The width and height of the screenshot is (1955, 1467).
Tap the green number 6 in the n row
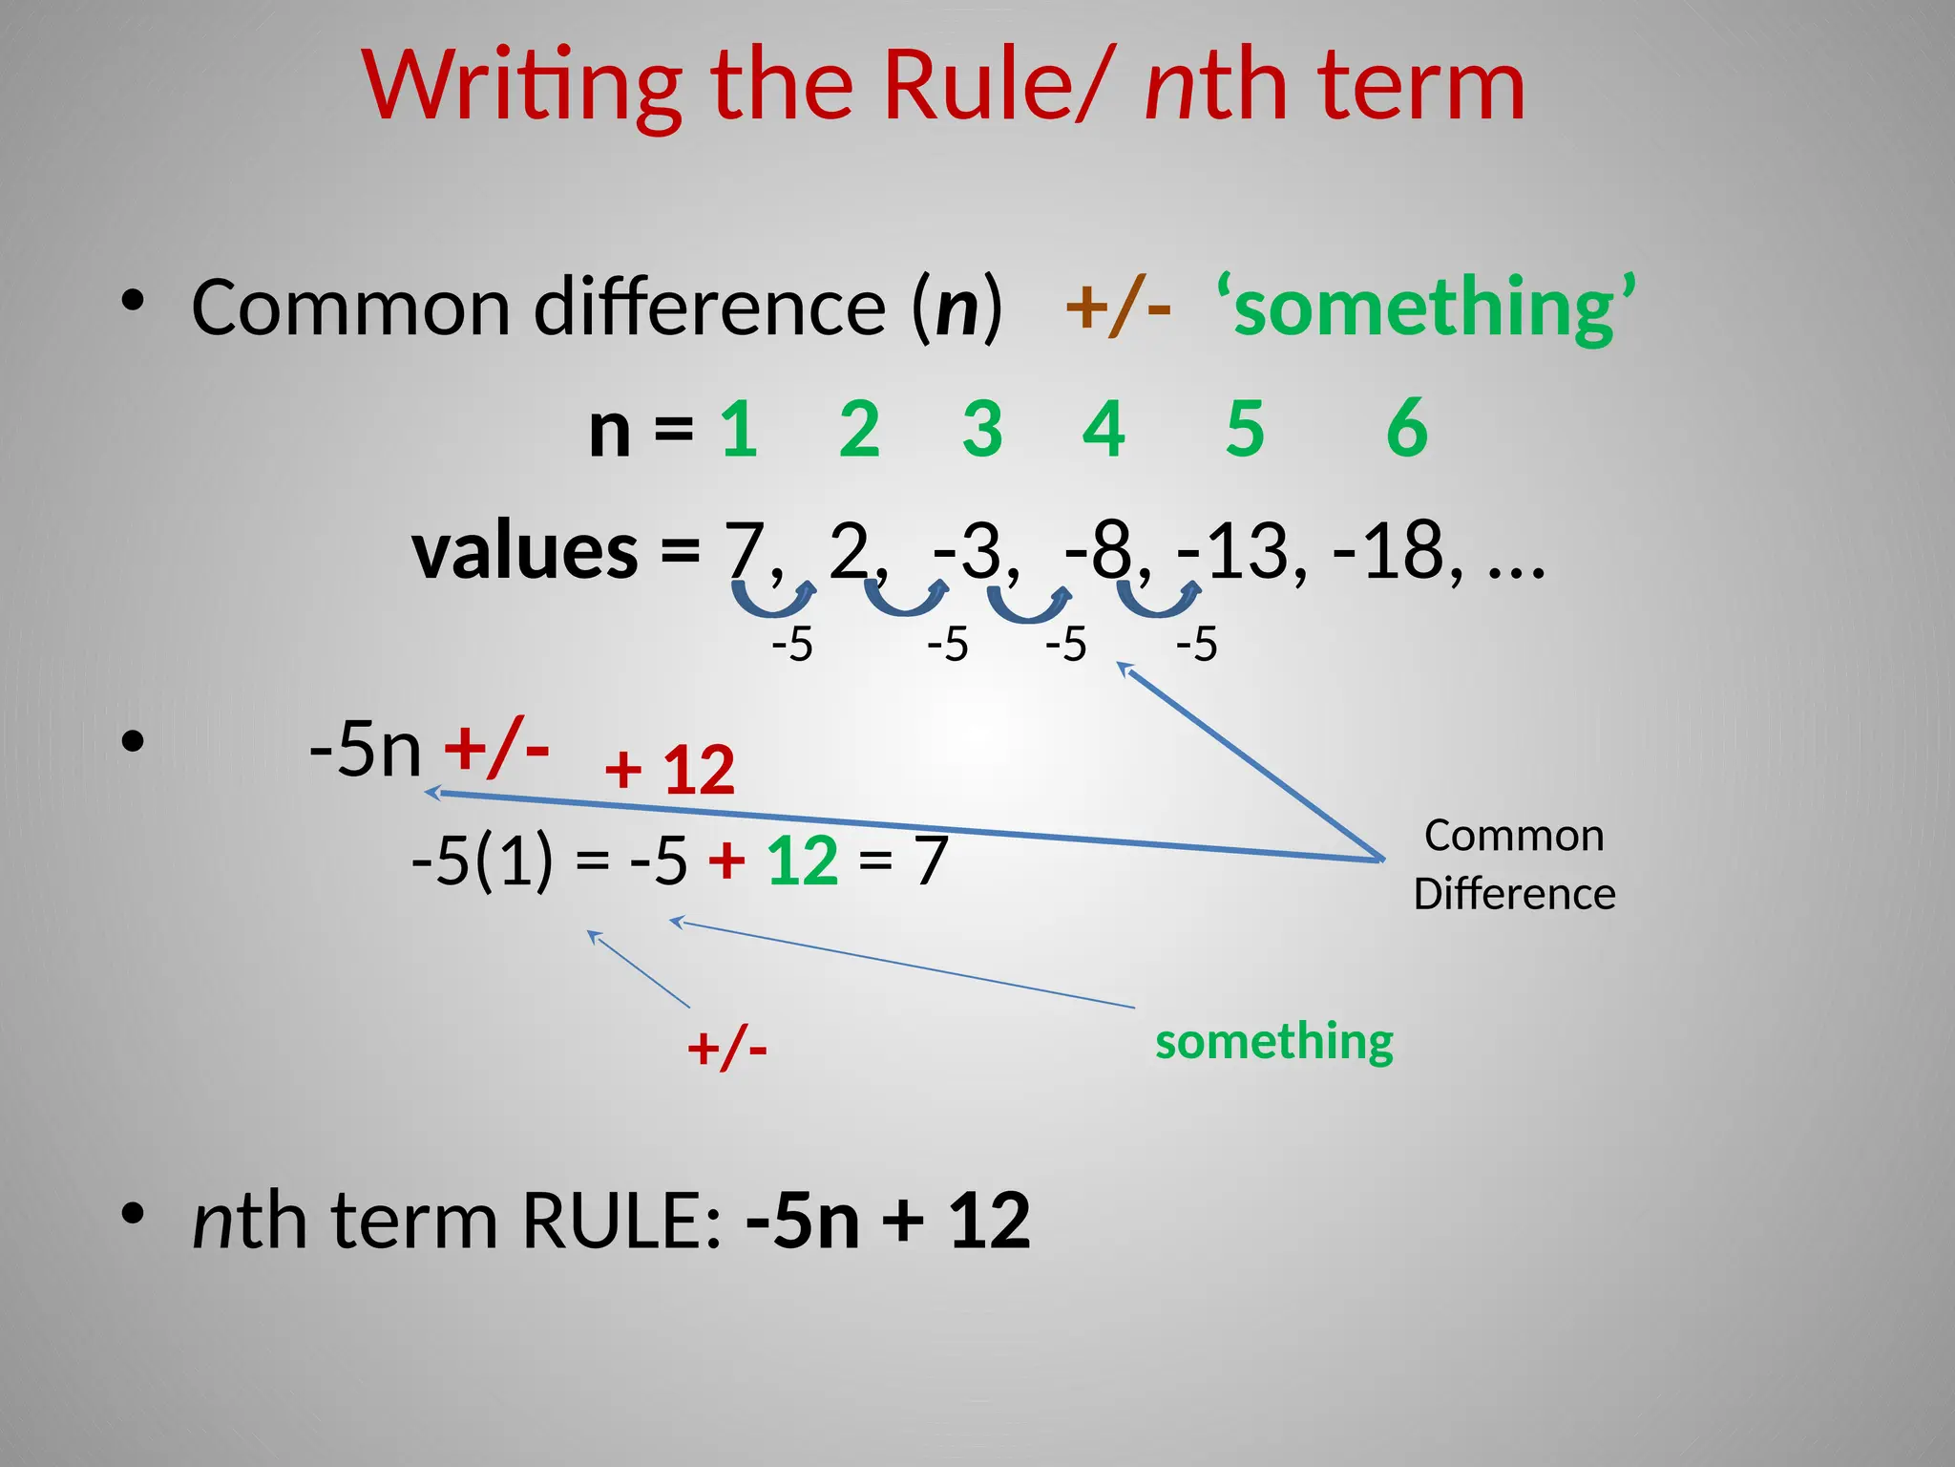click(1406, 429)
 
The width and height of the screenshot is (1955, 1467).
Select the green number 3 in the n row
click(982, 429)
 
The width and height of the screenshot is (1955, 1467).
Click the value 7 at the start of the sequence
click(745, 551)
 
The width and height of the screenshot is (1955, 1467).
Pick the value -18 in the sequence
click(1389, 551)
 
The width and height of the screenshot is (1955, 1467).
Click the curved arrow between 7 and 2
click(773, 601)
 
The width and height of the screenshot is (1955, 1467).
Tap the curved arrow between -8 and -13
click(1158, 601)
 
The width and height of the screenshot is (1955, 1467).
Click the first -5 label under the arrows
click(791, 645)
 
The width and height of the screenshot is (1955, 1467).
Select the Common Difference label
click(1514, 864)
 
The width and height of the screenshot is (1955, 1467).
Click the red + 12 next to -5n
click(669, 770)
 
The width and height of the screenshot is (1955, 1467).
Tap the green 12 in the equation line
click(802, 861)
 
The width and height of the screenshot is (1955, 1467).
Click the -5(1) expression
click(481, 861)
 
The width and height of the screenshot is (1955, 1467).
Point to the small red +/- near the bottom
click(727, 1048)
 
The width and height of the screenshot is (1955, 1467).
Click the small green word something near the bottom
click(1273, 1041)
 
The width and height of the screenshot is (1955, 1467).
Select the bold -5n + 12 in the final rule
click(888, 1221)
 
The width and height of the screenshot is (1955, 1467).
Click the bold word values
click(524, 551)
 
